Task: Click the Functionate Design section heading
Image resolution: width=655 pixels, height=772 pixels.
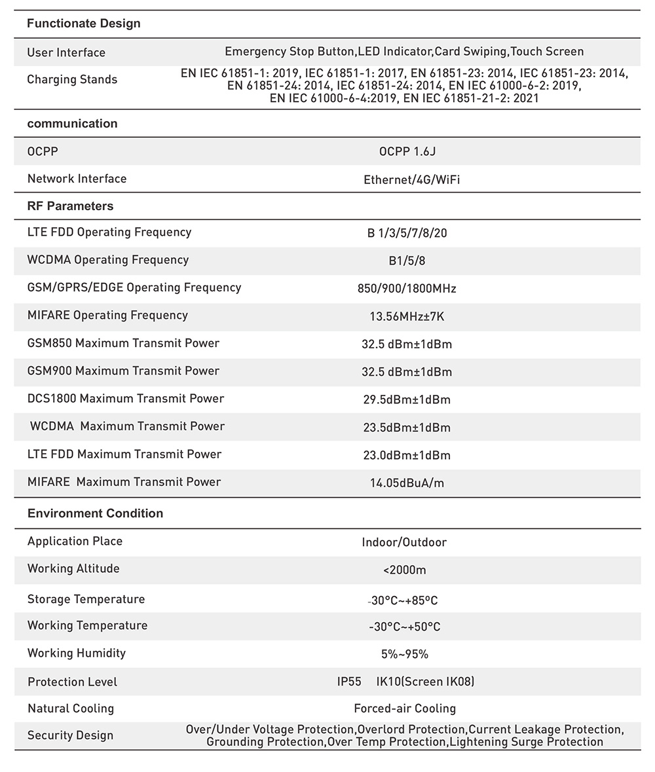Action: point(84,24)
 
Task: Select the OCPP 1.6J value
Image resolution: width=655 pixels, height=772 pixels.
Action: point(407,152)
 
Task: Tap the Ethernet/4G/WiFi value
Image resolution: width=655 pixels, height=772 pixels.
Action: point(411,179)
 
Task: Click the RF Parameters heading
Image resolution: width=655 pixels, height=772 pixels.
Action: point(70,206)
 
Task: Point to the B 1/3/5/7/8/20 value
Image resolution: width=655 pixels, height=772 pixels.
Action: point(407,233)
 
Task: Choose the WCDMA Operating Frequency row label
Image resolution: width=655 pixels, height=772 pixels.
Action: point(108,260)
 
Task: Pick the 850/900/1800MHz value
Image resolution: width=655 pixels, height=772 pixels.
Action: point(407,289)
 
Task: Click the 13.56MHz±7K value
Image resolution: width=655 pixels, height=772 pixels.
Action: point(407,317)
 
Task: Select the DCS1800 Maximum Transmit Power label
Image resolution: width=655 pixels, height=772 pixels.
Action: point(126,399)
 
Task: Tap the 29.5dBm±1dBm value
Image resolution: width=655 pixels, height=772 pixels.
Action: point(407,400)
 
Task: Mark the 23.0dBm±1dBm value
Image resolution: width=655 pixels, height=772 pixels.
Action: point(407,456)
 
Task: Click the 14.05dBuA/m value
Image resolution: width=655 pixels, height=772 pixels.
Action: point(407,484)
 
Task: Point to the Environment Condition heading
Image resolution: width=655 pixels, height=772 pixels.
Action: point(95,513)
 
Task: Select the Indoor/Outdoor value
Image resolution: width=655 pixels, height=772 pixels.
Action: point(404,542)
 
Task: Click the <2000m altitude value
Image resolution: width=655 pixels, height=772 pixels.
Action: point(405,570)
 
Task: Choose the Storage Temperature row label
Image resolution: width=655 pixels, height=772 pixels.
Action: point(86,599)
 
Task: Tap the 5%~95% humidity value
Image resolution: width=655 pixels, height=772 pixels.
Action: point(405,654)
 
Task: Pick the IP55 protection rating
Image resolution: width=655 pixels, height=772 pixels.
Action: point(349,682)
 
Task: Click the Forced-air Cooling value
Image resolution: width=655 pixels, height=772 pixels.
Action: point(405,708)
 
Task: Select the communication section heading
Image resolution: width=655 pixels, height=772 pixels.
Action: point(72,124)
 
